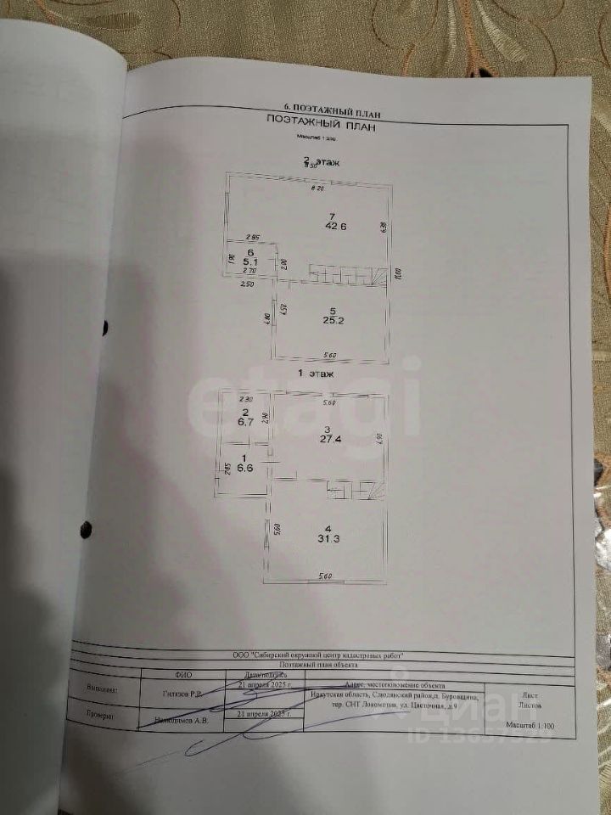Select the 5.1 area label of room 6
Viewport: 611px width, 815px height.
tap(250, 263)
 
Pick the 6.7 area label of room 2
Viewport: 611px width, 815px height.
tap(244, 419)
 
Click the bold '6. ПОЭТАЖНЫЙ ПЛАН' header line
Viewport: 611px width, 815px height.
tap(331, 110)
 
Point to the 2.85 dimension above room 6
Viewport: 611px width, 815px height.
tap(251, 237)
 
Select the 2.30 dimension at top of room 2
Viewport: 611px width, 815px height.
tap(247, 399)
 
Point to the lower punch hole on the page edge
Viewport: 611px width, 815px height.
tap(86, 530)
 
